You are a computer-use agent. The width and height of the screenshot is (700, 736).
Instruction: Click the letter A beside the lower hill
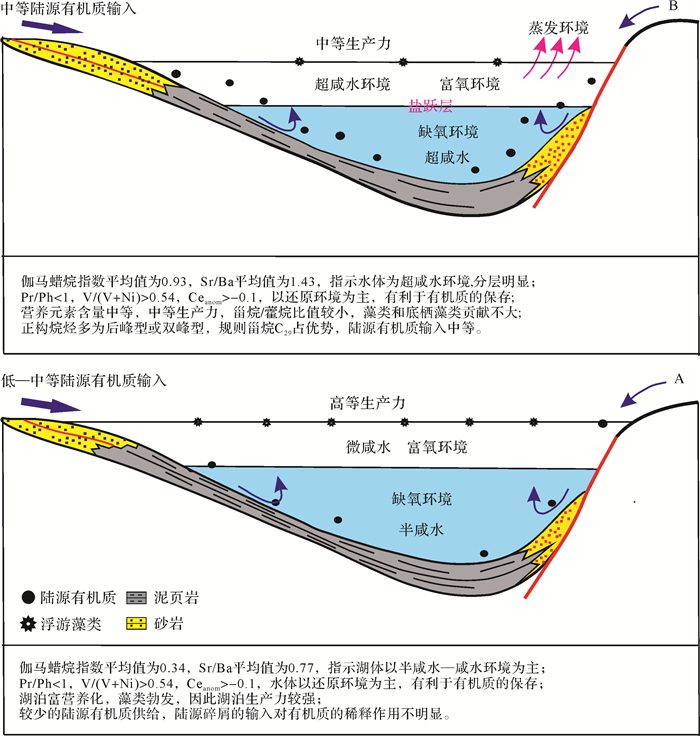(679, 380)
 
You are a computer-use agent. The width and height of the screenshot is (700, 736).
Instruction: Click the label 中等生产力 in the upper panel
(352, 43)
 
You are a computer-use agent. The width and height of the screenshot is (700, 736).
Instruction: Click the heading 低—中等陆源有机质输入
(84, 381)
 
